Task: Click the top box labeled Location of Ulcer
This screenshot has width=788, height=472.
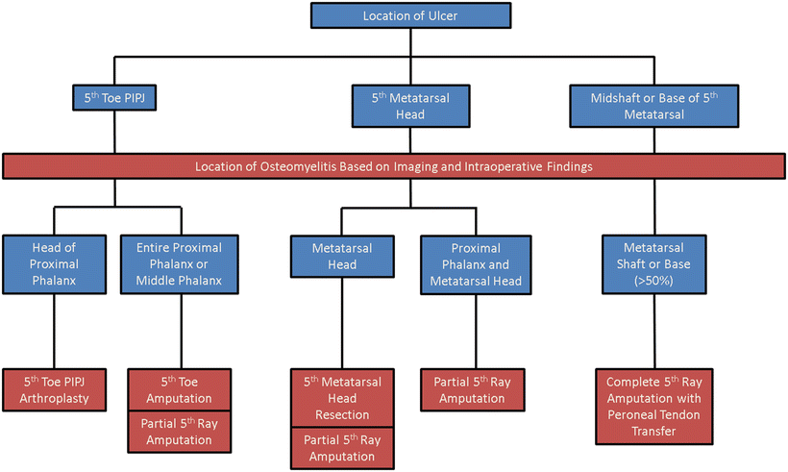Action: tap(409, 16)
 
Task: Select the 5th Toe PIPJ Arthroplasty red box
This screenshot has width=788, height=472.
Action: tap(55, 390)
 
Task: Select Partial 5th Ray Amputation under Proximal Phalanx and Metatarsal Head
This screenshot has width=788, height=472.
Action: tap(471, 390)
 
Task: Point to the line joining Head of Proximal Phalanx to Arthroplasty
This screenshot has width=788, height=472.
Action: tap(55, 330)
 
